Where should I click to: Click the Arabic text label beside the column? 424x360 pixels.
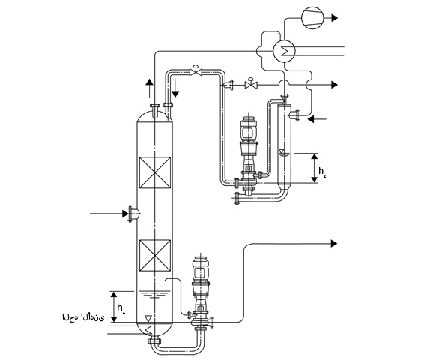click(x=83, y=317)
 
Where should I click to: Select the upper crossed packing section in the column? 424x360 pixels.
click(x=155, y=172)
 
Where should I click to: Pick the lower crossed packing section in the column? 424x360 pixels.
click(x=155, y=255)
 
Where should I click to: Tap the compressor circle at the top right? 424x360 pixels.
click(x=312, y=18)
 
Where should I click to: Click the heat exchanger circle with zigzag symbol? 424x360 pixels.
click(x=284, y=51)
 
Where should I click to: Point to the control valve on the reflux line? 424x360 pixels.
click(x=196, y=70)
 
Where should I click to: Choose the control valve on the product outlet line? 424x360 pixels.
click(x=251, y=84)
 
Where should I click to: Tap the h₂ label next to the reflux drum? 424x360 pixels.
click(x=322, y=172)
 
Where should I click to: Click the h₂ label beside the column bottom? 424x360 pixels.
click(x=121, y=308)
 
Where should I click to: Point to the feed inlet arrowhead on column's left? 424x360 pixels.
click(x=125, y=214)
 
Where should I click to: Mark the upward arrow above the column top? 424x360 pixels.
click(x=149, y=88)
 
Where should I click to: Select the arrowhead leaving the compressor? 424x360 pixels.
click(x=335, y=18)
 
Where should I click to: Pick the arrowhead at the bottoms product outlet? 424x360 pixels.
click(x=334, y=244)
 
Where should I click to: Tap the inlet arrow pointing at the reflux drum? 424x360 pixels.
click(x=317, y=118)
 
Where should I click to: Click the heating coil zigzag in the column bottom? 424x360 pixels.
click(x=148, y=329)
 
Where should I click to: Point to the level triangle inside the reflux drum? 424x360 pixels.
click(x=282, y=151)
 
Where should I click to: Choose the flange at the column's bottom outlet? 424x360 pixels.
click(x=154, y=340)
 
